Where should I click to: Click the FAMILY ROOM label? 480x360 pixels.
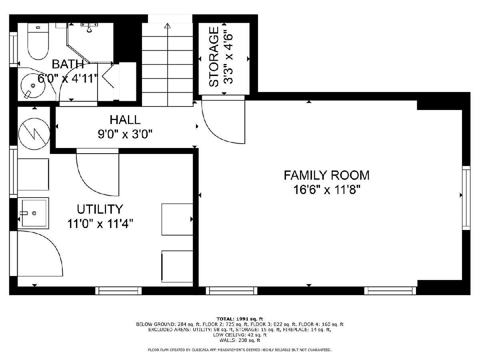(x=326, y=175)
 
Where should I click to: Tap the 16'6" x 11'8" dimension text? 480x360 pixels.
(x=326, y=190)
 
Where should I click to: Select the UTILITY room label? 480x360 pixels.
(x=100, y=209)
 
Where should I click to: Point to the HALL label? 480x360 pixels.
(x=125, y=120)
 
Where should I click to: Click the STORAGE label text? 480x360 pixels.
(x=214, y=57)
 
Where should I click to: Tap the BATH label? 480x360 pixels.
(x=68, y=64)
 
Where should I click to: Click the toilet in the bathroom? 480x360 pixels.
(x=38, y=41)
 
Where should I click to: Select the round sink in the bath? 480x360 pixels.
(x=33, y=86)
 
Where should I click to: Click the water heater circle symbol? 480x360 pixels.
(x=34, y=134)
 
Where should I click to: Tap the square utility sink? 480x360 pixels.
(x=33, y=213)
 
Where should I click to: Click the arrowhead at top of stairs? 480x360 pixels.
(x=168, y=26)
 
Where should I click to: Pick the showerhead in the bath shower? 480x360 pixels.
(x=89, y=29)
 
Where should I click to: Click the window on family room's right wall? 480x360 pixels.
(x=466, y=198)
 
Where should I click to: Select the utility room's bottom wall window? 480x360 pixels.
(x=118, y=291)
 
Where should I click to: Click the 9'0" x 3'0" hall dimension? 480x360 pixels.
(x=125, y=134)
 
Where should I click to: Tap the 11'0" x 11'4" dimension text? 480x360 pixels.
(x=100, y=224)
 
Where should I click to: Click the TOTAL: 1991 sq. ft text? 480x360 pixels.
(x=240, y=319)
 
